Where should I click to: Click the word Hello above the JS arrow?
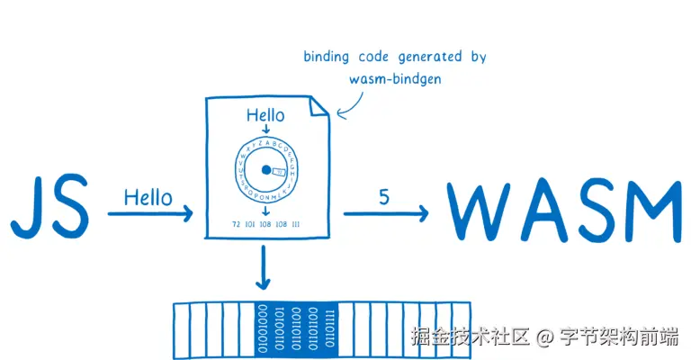point(148,196)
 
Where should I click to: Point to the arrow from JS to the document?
point(149,214)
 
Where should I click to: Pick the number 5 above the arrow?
point(383,196)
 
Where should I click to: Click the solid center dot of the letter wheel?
point(265,170)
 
